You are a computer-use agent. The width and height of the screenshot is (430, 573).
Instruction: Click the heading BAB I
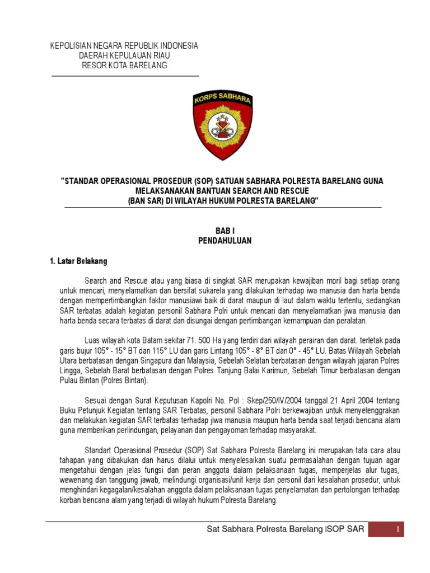click(x=225, y=231)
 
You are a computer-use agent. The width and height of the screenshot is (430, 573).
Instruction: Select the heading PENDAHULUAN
click(x=225, y=241)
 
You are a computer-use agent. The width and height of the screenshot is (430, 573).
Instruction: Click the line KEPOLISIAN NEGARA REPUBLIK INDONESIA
click(x=124, y=46)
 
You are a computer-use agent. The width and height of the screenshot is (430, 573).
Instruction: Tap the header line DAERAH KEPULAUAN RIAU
click(x=124, y=56)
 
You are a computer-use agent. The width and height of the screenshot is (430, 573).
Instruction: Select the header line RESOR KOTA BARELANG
click(x=124, y=66)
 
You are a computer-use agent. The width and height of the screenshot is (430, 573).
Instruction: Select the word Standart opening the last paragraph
click(x=100, y=450)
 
